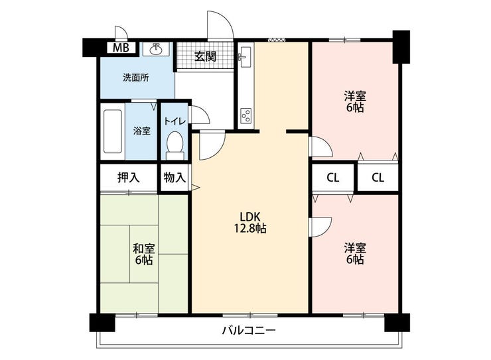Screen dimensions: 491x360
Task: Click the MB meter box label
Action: [x=121, y=48]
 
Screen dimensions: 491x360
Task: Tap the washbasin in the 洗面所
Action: [x=156, y=50]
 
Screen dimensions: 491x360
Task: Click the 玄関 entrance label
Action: [x=205, y=56]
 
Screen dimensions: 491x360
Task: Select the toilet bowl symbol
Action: [x=175, y=145]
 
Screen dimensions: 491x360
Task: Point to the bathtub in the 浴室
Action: [x=112, y=131]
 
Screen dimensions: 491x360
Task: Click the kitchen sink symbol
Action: [x=245, y=57]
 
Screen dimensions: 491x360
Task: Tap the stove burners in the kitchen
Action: [x=245, y=116]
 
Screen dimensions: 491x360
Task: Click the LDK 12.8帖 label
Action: [x=250, y=222]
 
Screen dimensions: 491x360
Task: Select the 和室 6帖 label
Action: [x=144, y=255]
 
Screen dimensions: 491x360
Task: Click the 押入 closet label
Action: [x=128, y=178]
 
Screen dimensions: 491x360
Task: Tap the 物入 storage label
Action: [x=175, y=178]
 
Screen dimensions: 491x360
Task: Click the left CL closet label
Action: [x=332, y=178]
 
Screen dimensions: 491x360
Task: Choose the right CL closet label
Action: [x=378, y=178]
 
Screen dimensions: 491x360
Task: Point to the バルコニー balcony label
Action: [x=249, y=330]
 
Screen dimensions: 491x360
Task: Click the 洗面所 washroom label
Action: [x=135, y=78]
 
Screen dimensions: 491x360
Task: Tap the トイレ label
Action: [x=175, y=121]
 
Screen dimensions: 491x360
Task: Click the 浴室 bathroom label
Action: [x=141, y=131]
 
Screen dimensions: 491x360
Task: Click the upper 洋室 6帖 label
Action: [x=355, y=101]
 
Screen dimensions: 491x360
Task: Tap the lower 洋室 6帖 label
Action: [x=355, y=254]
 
